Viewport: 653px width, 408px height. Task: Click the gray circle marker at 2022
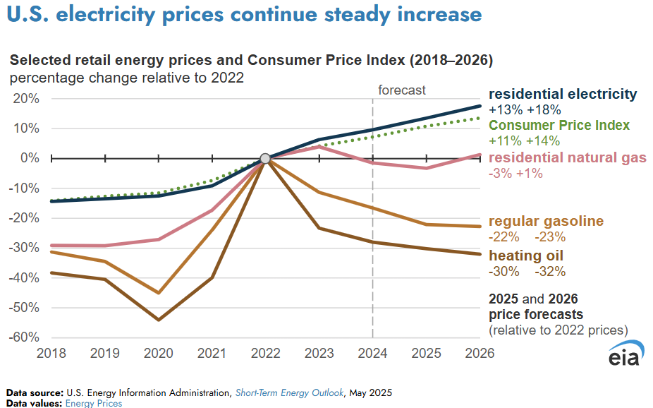click(x=265, y=159)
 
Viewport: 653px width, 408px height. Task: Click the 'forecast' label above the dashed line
click(x=402, y=90)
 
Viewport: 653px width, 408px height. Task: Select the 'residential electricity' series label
click(x=563, y=94)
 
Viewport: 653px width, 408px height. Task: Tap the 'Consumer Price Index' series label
click(x=559, y=125)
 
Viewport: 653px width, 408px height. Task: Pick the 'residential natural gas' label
click(x=568, y=157)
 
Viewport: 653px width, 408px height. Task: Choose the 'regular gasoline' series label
click(x=546, y=222)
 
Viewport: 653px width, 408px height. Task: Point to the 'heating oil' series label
click(x=526, y=256)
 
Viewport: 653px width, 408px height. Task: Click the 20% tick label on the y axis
click(x=25, y=99)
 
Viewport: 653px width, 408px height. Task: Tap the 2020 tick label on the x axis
click(x=159, y=352)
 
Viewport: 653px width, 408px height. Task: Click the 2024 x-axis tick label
click(x=372, y=352)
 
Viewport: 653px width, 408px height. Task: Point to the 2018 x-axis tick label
click(x=52, y=352)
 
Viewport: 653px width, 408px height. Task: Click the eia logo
click(x=623, y=357)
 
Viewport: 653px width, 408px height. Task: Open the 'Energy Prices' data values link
click(x=94, y=404)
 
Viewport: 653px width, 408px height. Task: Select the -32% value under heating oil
click(x=550, y=272)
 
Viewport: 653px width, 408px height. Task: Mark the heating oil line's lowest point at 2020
click(x=159, y=320)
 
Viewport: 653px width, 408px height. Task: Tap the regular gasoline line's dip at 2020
click(x=159, y=292)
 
